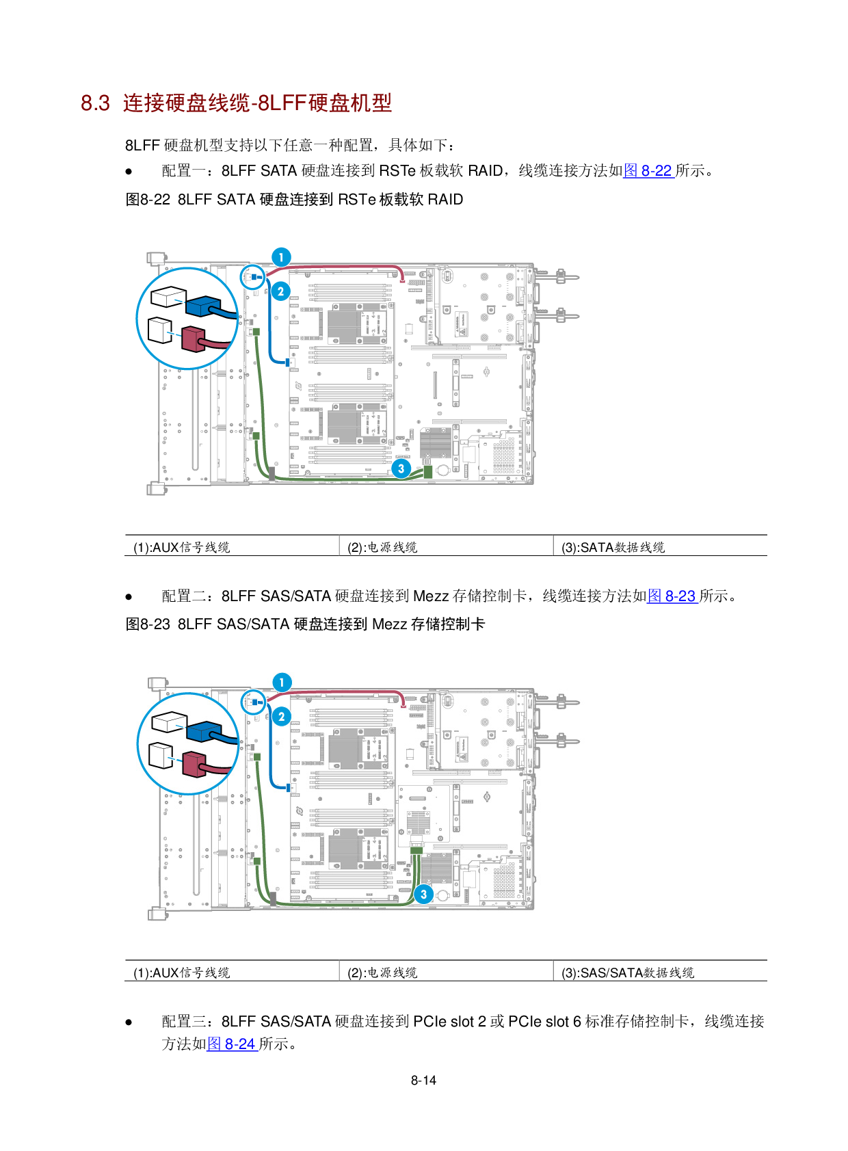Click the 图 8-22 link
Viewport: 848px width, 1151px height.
[648, 170]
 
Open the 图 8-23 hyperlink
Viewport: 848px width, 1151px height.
[672, 596]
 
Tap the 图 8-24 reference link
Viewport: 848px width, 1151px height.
[232, 1044]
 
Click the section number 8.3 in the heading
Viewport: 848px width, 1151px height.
[95, 103]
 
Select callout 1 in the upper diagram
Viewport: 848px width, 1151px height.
[281, 257]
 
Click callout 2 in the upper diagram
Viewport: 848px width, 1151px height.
[280, 291]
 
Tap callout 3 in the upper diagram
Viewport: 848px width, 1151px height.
[401, 468]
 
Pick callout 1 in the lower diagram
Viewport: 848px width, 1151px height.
[282, 683]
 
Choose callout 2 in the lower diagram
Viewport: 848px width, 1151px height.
[281, 717]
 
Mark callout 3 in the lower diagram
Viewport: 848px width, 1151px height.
[423, 894]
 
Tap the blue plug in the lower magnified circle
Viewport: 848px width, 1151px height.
[203, 731]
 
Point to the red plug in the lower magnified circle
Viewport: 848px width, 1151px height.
[194, 764]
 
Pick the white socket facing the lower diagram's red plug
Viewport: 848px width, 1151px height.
[161, 755]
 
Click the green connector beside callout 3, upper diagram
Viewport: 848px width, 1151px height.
[428, 471]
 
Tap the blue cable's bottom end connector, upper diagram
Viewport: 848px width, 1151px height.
[288, 362]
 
